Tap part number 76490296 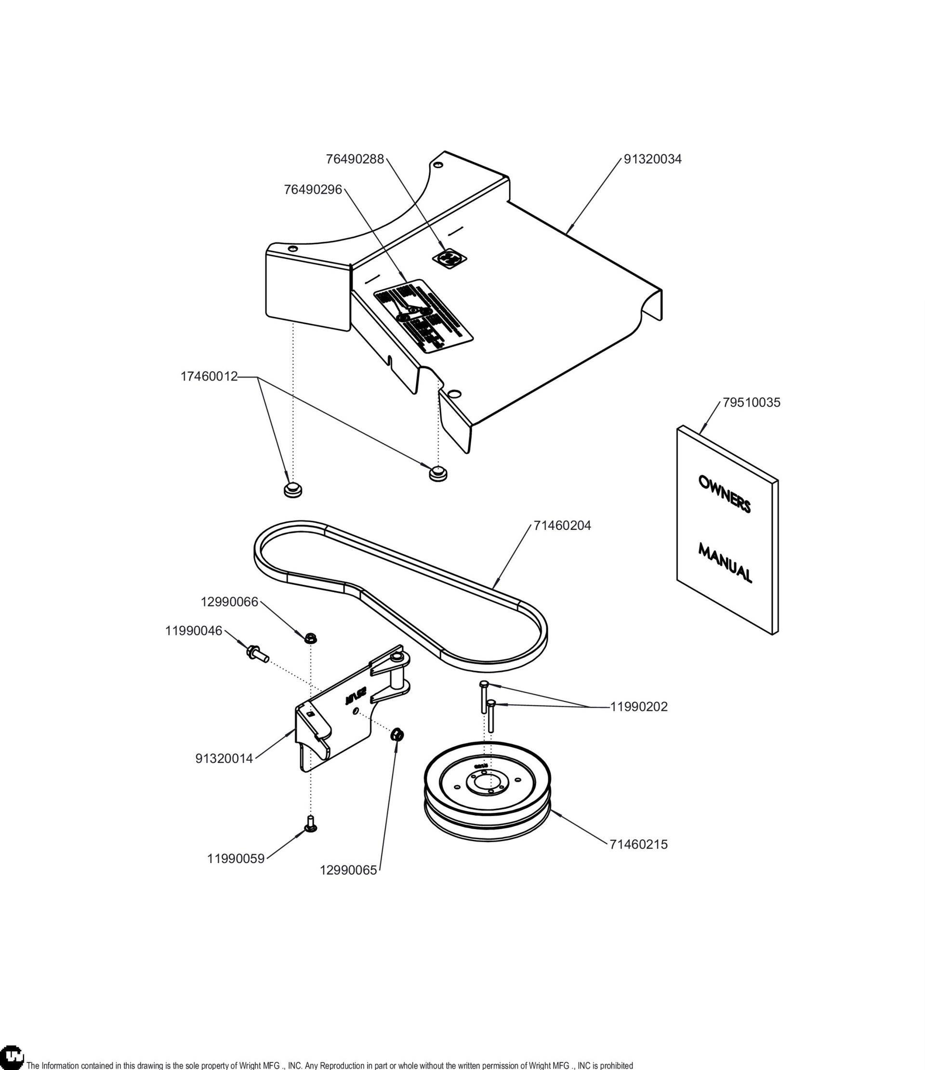313,189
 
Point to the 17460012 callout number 209,376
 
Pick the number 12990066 229,602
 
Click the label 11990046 194,631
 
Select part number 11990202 639,707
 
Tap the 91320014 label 224,759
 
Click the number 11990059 236,859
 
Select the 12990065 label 348,870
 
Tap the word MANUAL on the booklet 725,562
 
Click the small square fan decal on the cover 449,258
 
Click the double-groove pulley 488,792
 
